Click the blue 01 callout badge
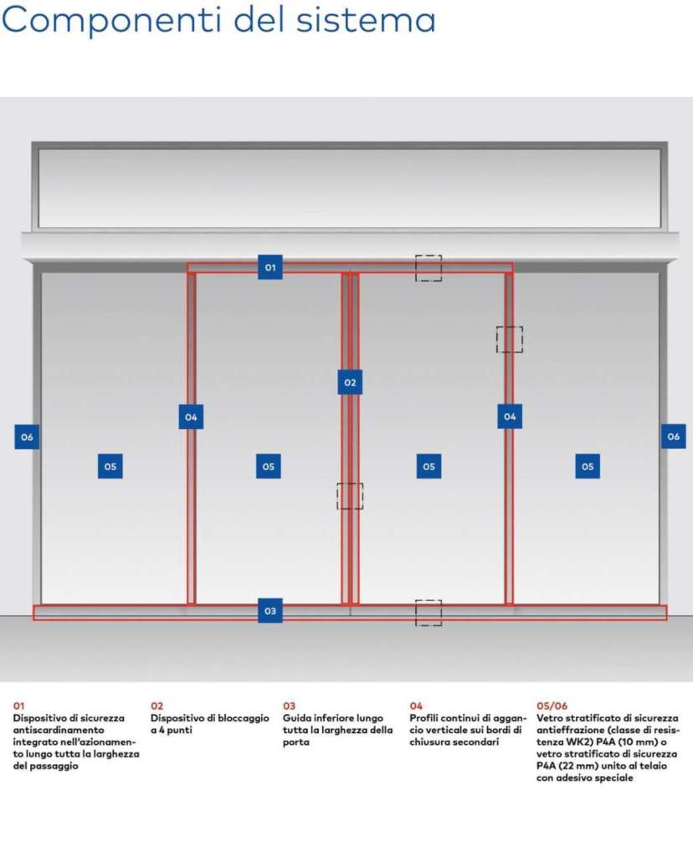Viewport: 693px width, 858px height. coord(270,267)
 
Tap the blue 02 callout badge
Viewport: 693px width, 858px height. coord(350,382)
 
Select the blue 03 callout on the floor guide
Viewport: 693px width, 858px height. coord(270,611)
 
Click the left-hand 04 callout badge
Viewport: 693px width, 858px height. coord(191,417)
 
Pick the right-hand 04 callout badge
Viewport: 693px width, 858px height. coord(510,416)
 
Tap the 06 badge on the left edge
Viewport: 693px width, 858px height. coord(27,437)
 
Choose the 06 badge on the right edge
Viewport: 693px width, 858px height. coord(673,436)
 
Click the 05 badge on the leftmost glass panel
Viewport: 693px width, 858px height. coord(110,466)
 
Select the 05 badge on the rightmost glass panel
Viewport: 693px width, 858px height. coord(588,466)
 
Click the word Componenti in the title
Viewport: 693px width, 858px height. coord(113,20)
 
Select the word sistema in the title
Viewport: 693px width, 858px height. coord(366,19)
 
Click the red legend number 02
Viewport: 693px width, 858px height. coord(157,706)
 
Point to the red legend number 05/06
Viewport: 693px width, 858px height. coord(552,706)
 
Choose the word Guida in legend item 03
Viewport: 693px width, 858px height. coord(297,718)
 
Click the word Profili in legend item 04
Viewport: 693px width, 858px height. coord(423,718)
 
